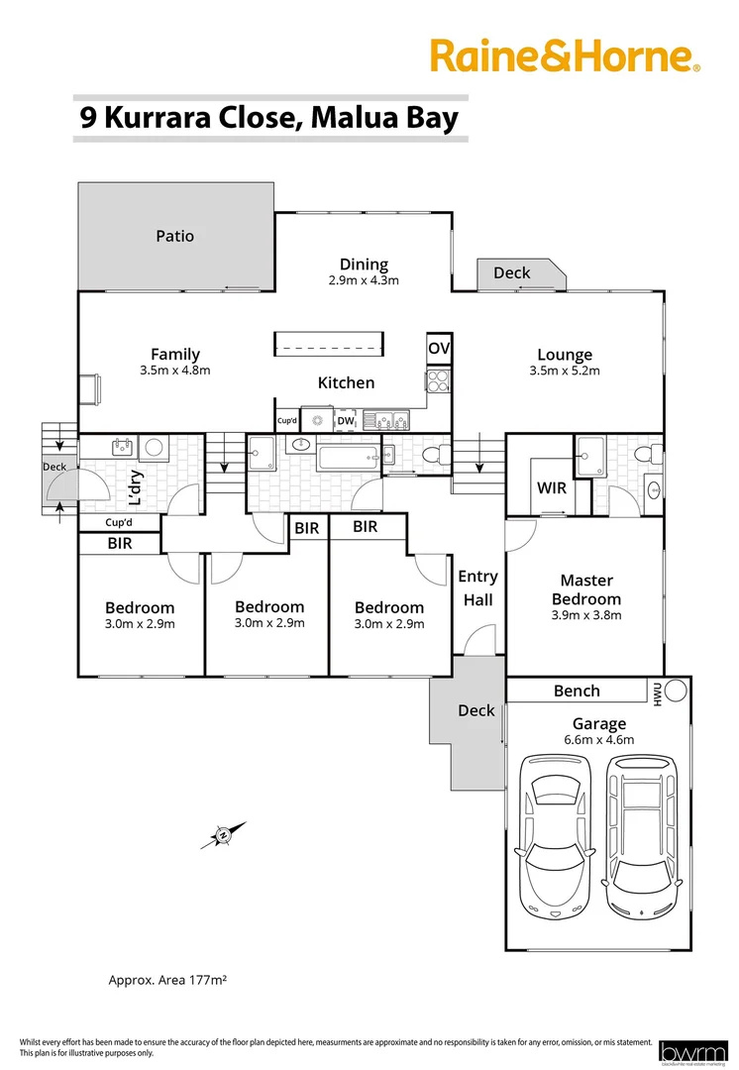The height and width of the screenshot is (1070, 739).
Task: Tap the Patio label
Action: click(174, 237)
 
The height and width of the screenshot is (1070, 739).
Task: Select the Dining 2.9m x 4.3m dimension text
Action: click(364, 280)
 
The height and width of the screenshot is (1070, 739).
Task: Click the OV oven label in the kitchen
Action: click(439, 349)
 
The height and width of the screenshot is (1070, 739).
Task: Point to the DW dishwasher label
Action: click(345, 421)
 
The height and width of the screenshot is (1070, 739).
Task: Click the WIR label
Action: click(551, 488)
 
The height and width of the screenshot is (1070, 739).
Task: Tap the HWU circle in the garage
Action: click(676, 690)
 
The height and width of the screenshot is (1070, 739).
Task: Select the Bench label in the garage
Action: click(577, 691)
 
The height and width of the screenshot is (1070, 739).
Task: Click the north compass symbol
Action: click(223, 835)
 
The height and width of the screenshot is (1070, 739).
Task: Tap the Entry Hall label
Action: click(477, 588)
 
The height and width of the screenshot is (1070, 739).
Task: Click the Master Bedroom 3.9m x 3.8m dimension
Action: click(586, 614)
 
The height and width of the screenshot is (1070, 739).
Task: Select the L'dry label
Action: click(112, 481)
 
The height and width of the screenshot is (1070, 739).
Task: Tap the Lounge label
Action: click(565, 355)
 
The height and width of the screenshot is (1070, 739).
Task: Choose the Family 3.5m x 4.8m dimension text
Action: click(175, 371)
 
